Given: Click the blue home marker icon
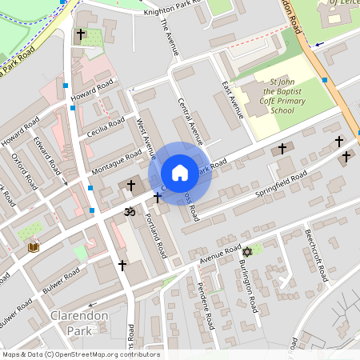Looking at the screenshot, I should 180,173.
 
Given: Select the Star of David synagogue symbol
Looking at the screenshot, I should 247,252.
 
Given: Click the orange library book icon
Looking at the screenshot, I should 34,247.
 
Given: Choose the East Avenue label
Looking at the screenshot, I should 232,100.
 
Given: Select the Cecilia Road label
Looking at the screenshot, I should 106,129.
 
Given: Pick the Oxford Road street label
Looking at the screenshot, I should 26,172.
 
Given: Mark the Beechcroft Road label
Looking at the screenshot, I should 315,256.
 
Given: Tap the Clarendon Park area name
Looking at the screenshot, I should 78,322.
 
